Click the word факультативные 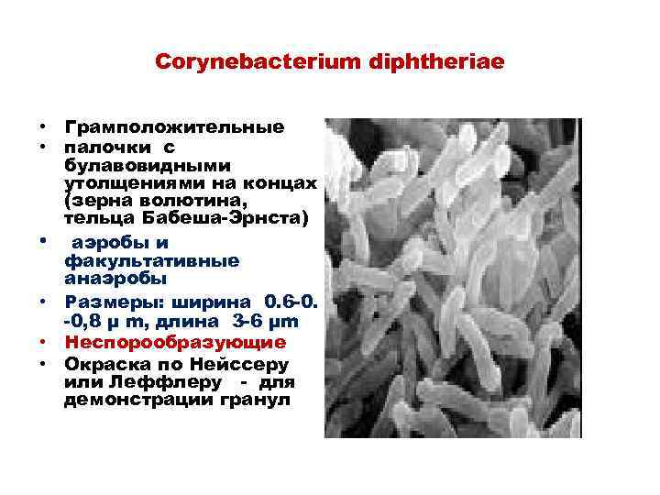click(x=152, y=260)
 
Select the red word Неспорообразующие click(x=175, y=342)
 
